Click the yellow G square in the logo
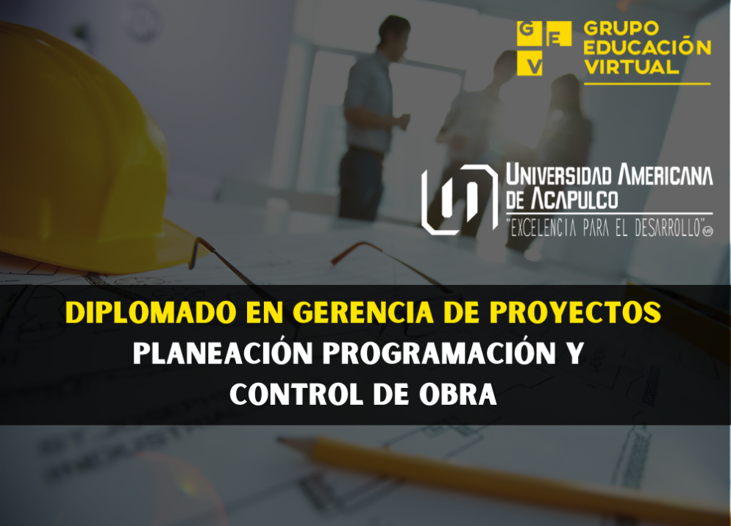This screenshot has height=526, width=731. pyautogui.click(x=527, y=33)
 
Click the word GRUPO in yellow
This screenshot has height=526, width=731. pyautogui.click(x=621, y=29)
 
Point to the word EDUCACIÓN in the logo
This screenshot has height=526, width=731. pyautogui.click(x=648, y=48)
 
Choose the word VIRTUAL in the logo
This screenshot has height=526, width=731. pyautogui.click(x=631, y=67)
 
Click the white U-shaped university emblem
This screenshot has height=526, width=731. pyautogui.click(x=460, y=199)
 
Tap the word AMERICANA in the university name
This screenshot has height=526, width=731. pyautogui.click(x=666, y=175)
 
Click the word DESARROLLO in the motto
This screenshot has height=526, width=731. pyautogui.click(x=668, y=228)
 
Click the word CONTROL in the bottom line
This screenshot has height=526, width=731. pyautogui.click(x=296, y=394)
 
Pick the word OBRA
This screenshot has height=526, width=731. pyautogui.click(x=457, y=394)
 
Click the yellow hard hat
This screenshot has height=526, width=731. pyautogui.click(x=88, y=149)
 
